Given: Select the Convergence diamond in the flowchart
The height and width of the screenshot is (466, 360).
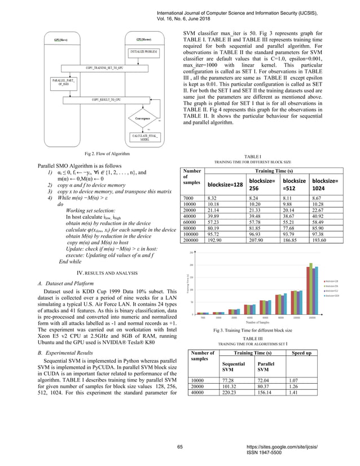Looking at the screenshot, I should click(146, 118).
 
